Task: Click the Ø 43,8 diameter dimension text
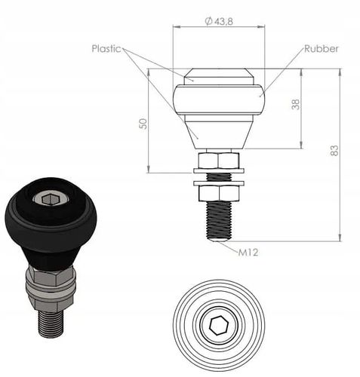click(219, 21)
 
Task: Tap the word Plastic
click(106, 48)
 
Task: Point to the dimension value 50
click(143, 123)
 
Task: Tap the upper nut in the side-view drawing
click(219, 160)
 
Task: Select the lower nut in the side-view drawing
click(219, 193)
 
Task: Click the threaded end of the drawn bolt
click(219, 222)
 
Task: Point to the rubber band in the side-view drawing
click(219, 100)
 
